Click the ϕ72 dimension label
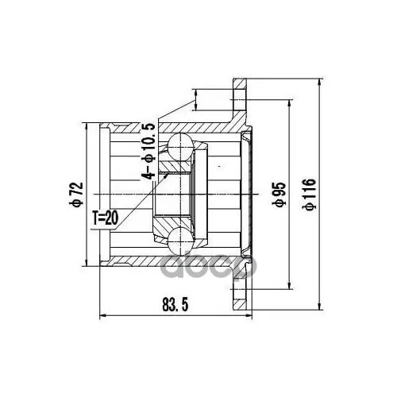point(76,195)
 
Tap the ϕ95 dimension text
point(279,194)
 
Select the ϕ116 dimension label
point(309,195)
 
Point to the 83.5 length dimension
point(175,304)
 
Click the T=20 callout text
point(105,218)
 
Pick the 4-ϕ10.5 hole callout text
point(148,151)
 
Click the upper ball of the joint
point(180,146)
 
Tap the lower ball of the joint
point(180,241)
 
